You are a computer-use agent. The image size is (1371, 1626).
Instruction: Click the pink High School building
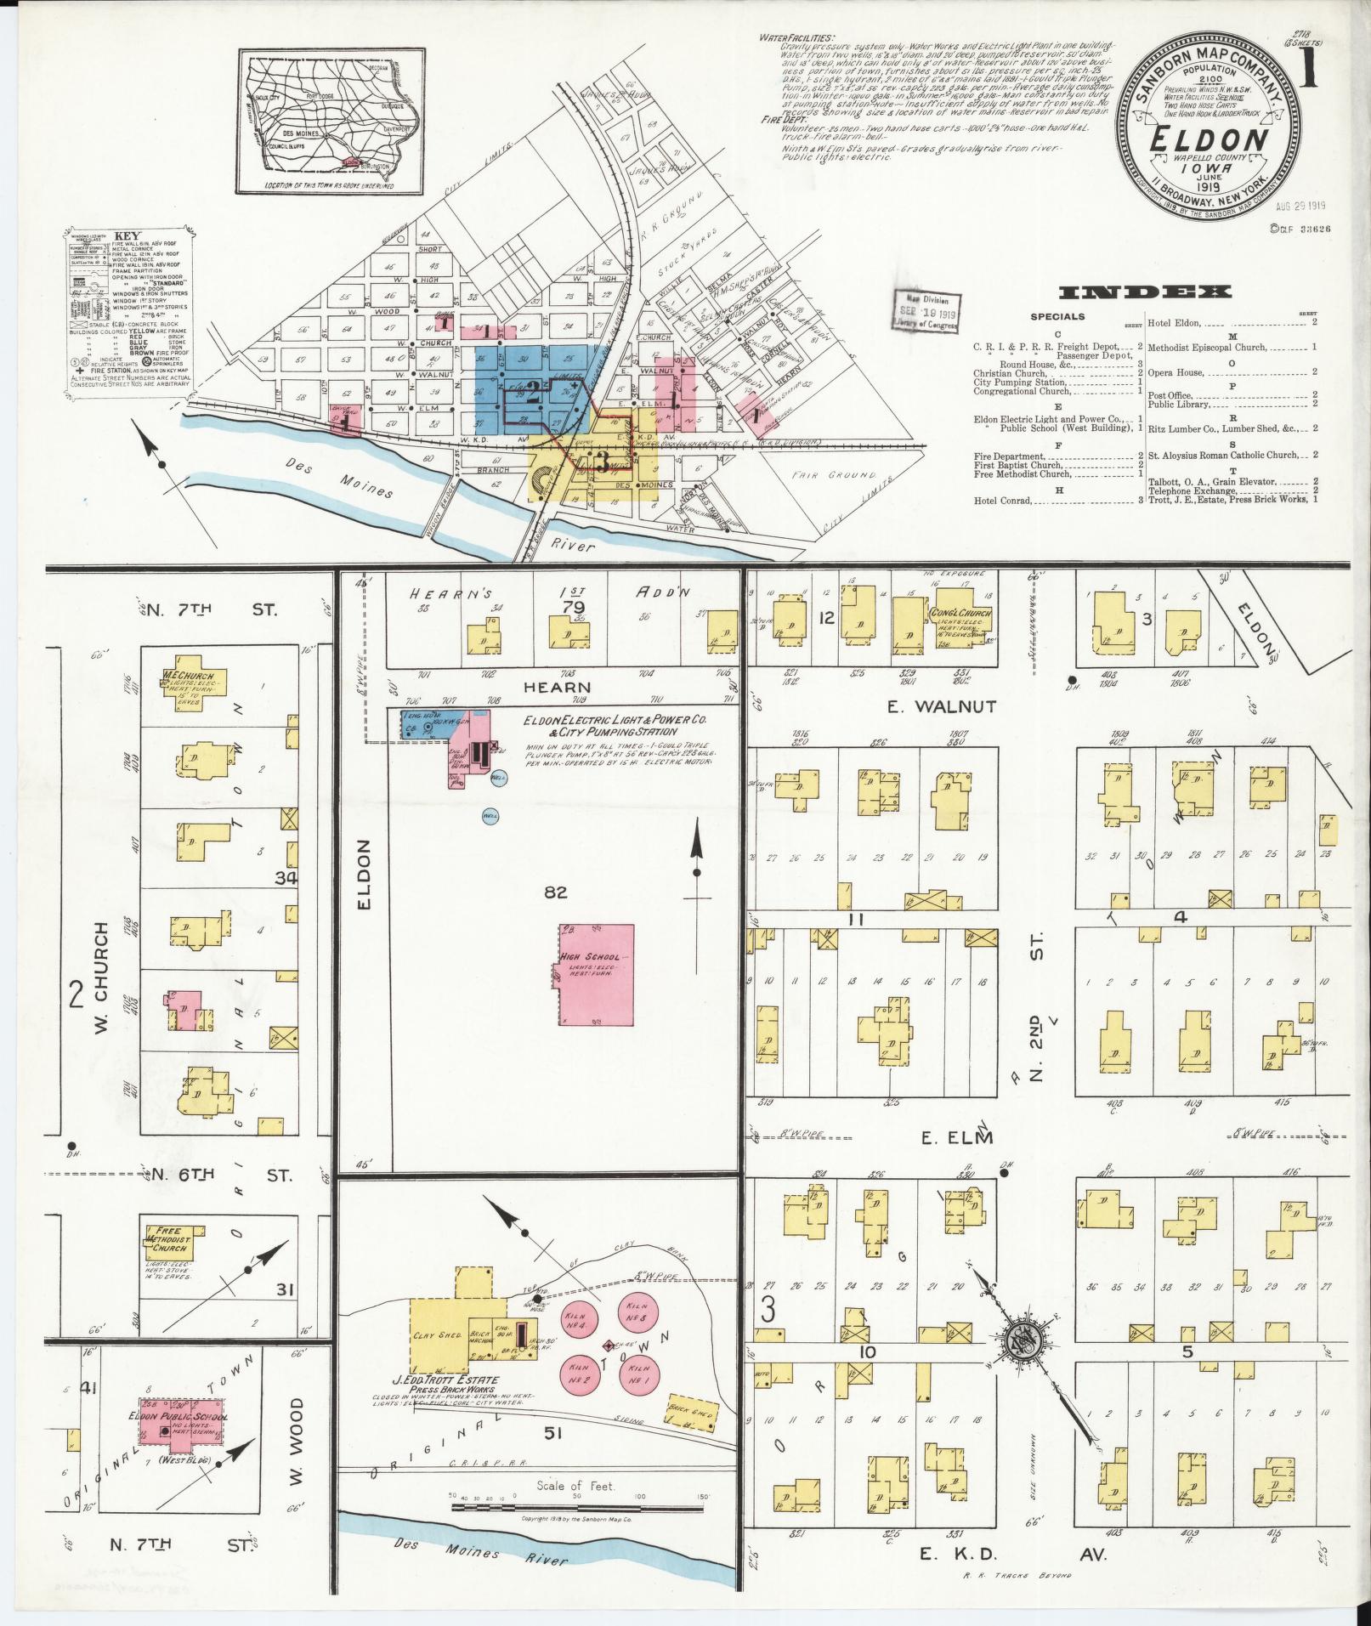[x=596, y=974]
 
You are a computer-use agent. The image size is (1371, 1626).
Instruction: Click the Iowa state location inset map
[x=331, y=121]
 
